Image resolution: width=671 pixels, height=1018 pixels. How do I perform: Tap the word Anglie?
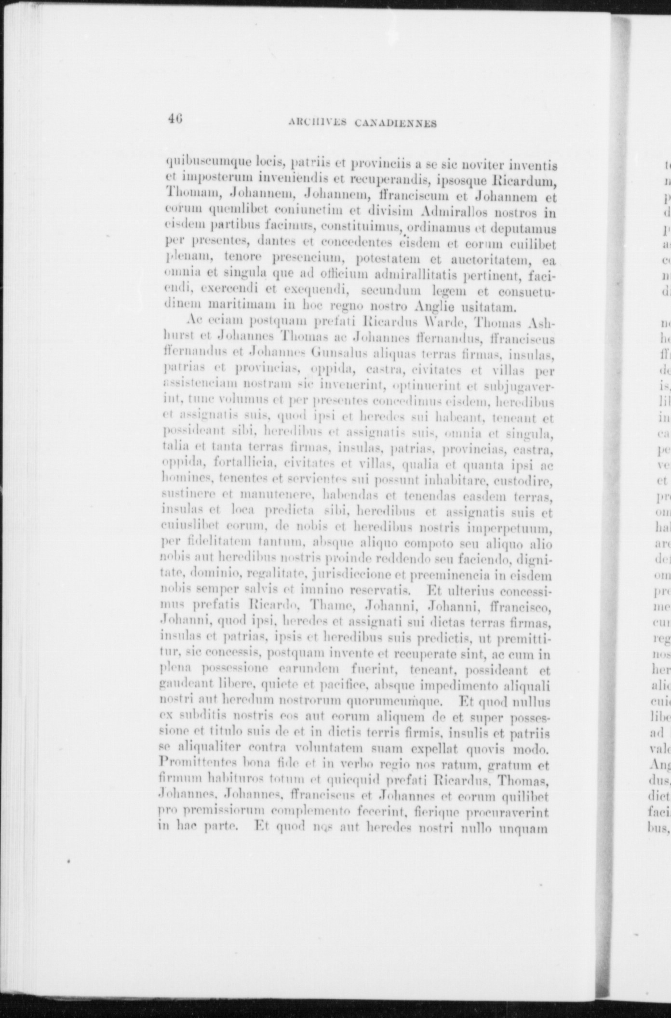[x=432, y=306]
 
